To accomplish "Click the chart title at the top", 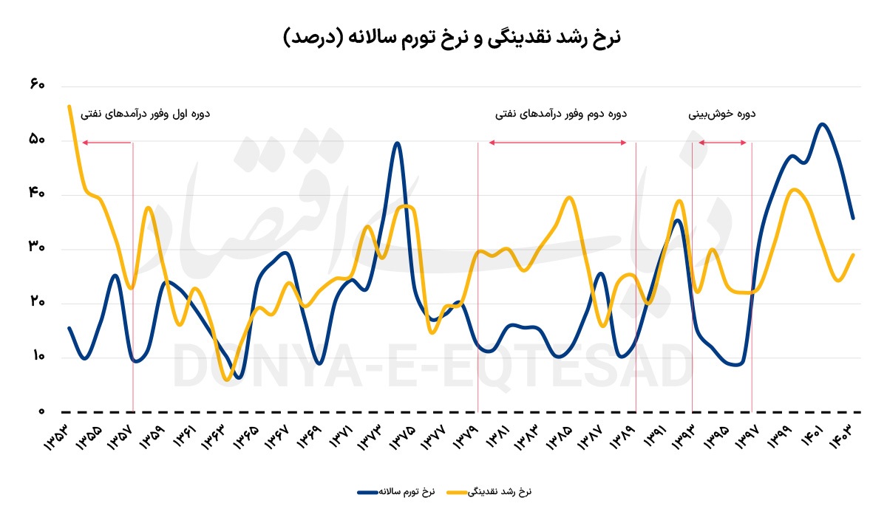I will [x=452, y=36].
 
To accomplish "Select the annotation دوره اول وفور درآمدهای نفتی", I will [x=146, y=114].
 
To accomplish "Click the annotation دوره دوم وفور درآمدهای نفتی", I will [x=561, y=114].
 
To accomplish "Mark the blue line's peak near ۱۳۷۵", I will [x=397, y=143].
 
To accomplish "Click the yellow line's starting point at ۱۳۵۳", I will [x=69, y=106].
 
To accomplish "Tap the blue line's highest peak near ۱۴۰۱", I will [x=823, y=123].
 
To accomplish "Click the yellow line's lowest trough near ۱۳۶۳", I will [x=226, y=380].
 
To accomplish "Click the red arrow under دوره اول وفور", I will [x=106, y=142].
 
